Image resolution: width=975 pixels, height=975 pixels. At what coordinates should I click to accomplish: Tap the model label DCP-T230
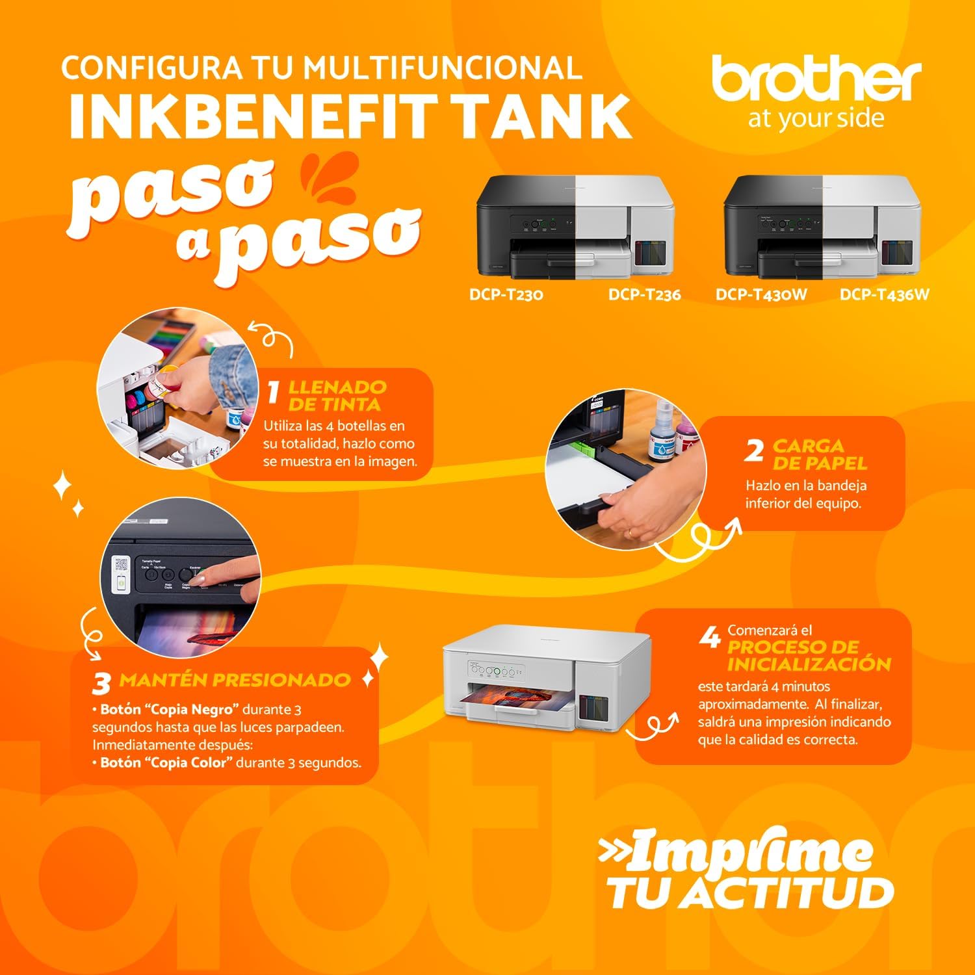(506, 294)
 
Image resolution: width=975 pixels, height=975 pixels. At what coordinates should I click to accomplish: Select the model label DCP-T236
(644, 294)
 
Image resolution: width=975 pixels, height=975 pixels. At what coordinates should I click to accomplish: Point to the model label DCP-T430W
(761, 294)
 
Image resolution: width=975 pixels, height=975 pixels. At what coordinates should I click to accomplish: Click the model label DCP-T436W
(884, 294)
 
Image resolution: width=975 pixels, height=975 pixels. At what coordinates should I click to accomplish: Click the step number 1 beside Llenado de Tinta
(274, 391)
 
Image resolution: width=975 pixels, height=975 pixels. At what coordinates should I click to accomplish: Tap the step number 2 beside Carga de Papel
(754, 450)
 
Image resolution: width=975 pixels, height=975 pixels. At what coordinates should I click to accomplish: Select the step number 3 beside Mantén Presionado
(101, 683)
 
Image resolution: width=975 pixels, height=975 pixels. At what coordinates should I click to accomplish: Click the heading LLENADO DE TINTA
(337, 396)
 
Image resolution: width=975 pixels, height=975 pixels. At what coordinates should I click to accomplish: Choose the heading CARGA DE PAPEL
(819, 454)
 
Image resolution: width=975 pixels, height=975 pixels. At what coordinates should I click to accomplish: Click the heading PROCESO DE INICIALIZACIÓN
(809, 655)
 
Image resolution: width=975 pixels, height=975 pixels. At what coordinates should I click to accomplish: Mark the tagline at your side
(816, 119)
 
